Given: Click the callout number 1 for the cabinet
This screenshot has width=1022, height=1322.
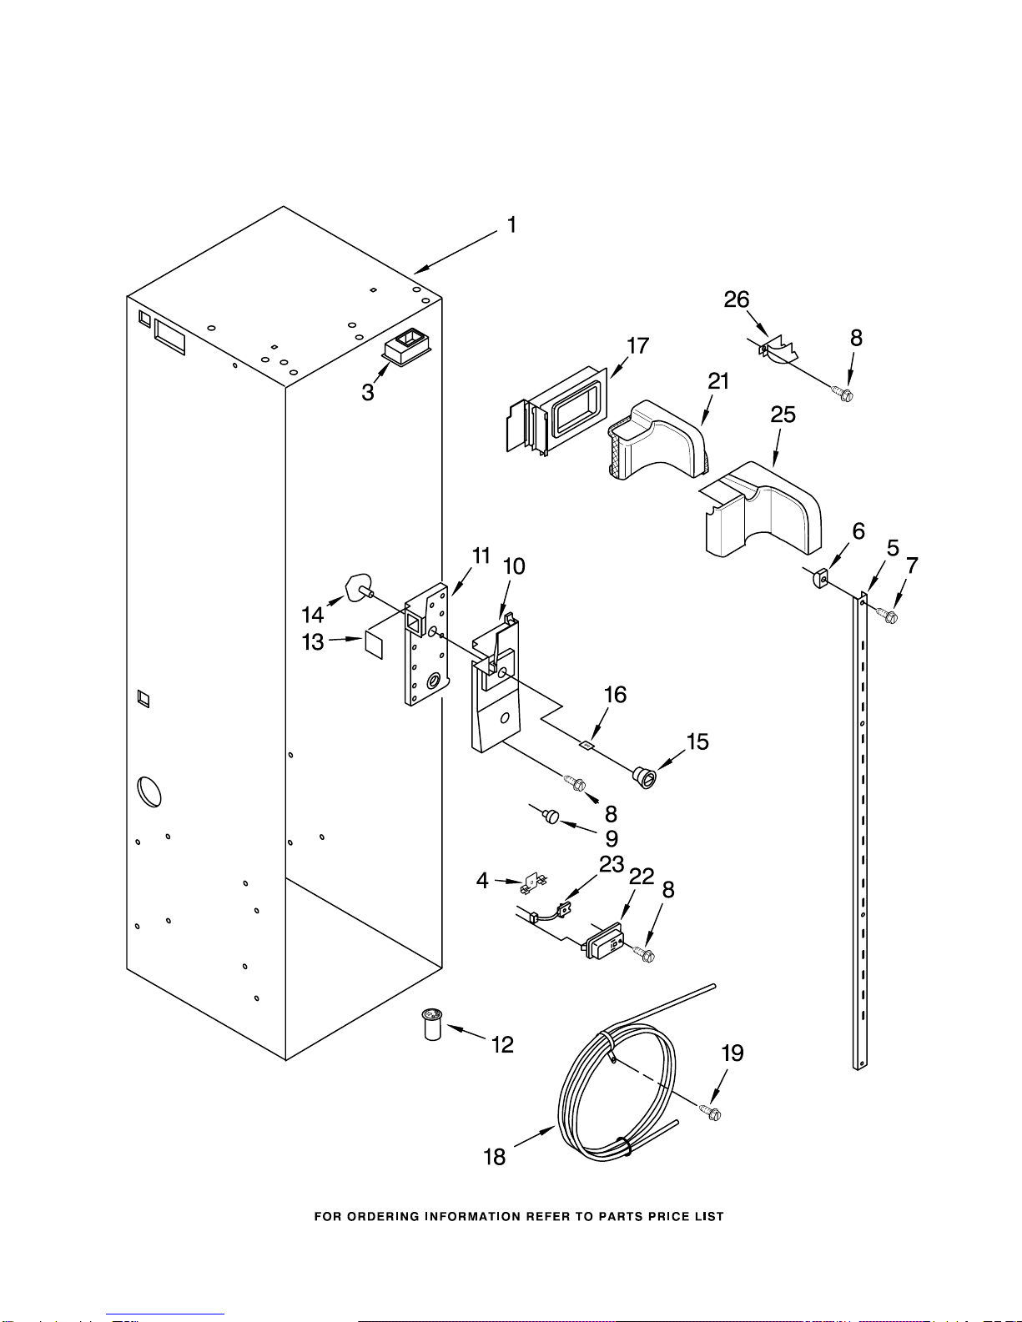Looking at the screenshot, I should coord(511,224).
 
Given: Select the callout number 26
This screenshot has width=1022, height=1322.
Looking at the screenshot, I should coord(737,299).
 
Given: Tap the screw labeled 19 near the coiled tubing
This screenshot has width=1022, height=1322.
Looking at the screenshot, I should coord(711,1112).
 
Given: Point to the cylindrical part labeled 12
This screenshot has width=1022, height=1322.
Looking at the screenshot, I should coord(431,1024).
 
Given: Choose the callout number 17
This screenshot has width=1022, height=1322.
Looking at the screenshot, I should coord(637,345).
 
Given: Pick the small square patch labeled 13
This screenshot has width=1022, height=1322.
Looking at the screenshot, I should coord(373,644).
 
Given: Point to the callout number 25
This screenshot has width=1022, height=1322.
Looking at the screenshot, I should coord(783,415).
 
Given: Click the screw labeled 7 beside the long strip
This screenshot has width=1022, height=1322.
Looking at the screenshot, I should coord(889,616).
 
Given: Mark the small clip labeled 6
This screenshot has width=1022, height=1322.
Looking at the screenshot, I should coord(818,577).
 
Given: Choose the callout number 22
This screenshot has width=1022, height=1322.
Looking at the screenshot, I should coord(642,877).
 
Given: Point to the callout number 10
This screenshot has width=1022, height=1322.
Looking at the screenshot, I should coord(514,566).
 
